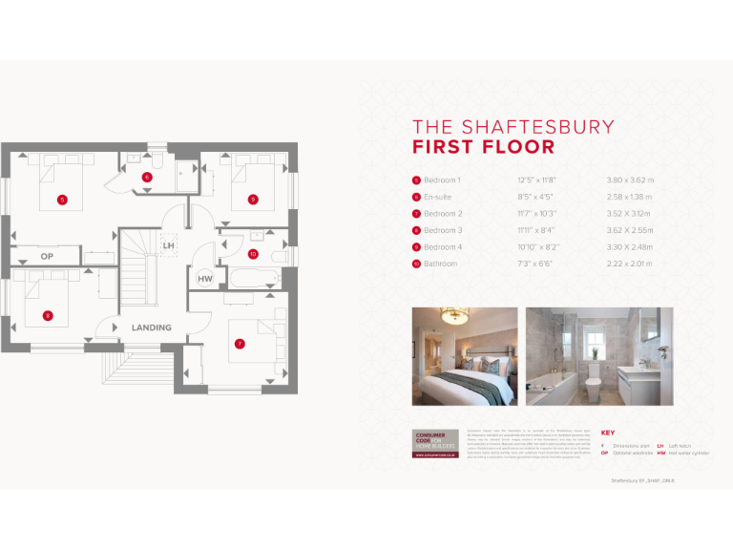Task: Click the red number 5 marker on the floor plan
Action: click(x=62, y=200)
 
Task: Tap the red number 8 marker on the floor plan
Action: click(x=48, y=315)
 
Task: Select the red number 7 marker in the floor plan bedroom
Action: click(x=240, y=344)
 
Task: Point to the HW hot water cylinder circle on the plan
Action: click(x=205, y=279)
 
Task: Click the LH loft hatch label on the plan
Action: click(x=169, y=245)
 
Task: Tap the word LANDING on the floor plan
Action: click(x=152, y=328)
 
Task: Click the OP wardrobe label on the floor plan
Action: click(x=47, y=257)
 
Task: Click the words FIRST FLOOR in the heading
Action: click(x=483, y=147)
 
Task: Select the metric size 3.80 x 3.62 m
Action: click(x=630, y=180)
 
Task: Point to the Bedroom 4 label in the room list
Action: click(x=443, y=246)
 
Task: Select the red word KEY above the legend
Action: click(x=609, y=433)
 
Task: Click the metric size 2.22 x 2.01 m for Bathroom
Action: click(x=630, y=264)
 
